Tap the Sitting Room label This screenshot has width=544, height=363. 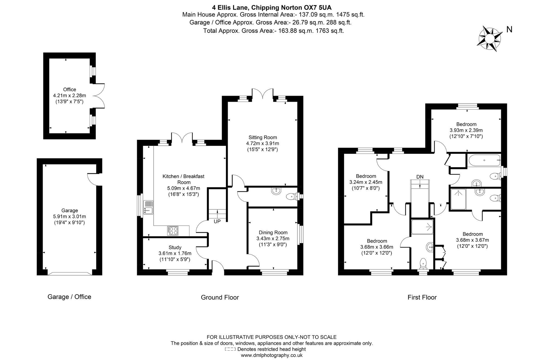tap(262, 137)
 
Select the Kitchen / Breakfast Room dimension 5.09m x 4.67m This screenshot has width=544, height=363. tap(183, 188)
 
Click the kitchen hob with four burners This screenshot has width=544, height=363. tap(173, 231)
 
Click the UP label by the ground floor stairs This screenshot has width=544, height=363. tap(217, 222)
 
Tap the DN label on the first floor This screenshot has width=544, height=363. tap(420, 177)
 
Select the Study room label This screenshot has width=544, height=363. tap(175, 248)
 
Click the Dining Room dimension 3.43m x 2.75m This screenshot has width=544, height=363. tap(273, 239)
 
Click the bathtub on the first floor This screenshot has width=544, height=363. tap(484, 161)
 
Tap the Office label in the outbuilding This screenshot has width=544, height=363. tap(69, 90)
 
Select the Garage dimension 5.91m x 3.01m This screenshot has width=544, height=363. tap(69, 216)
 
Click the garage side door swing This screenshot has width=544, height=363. tap(93, 179)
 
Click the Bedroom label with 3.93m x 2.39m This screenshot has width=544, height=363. tap(466, 124)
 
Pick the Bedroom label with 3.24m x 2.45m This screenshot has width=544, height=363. tap(366, 176)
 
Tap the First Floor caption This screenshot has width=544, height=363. tap(422, 297)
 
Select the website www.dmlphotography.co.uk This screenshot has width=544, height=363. tap(272, 355)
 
